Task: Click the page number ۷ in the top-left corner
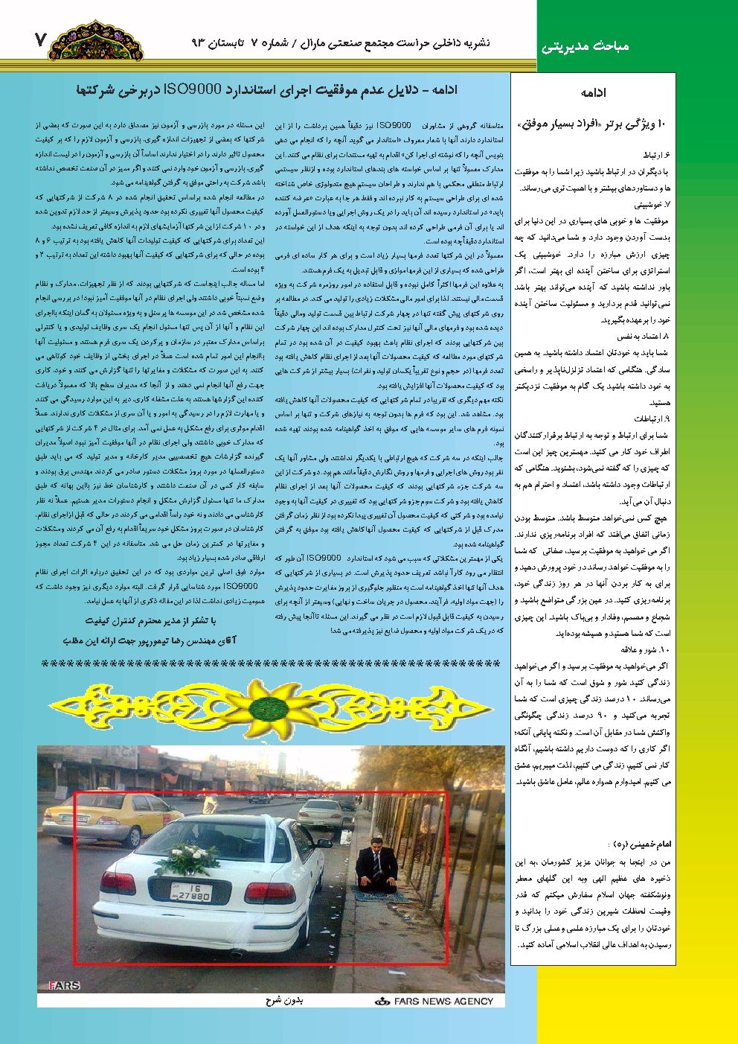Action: [40, 39]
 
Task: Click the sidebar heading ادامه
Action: [593, 92]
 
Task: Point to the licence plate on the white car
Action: [191, 892]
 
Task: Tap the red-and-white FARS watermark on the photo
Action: [64, 985]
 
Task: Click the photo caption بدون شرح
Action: [284, 1001]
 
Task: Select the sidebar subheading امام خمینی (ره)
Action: [640, 844]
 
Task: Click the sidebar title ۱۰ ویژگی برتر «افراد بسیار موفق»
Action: [593, 124]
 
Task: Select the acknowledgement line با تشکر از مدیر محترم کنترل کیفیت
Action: [150, 620]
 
